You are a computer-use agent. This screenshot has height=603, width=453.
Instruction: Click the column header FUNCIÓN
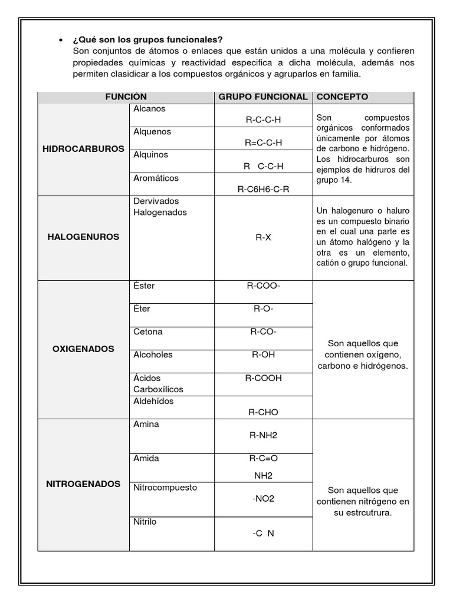126,97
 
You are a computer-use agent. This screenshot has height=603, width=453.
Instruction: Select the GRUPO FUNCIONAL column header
263,97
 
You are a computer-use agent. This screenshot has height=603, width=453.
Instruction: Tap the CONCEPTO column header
343,97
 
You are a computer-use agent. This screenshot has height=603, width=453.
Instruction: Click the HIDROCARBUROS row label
83,148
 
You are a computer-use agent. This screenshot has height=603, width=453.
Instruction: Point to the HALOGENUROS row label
83,237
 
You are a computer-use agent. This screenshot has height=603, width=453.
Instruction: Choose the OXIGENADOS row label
83,349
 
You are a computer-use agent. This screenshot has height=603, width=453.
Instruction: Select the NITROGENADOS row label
83,484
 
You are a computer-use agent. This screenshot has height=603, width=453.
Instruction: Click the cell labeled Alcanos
150,109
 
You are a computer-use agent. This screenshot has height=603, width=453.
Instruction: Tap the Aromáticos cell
156,178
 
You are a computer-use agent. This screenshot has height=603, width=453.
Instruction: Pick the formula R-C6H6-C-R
263,189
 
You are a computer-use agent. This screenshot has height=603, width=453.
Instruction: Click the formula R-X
263,238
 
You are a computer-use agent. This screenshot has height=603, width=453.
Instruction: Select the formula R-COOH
263,378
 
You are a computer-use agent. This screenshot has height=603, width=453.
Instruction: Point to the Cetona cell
148,332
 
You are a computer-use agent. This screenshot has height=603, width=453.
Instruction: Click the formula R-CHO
263,412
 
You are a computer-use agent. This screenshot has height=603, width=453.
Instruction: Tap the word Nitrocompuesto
165,488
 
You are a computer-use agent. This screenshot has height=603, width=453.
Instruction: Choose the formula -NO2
263,499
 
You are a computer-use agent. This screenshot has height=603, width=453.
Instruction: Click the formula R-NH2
263,435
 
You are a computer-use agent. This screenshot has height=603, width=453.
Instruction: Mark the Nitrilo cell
145,522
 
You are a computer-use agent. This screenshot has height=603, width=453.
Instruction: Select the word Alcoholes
153,354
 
